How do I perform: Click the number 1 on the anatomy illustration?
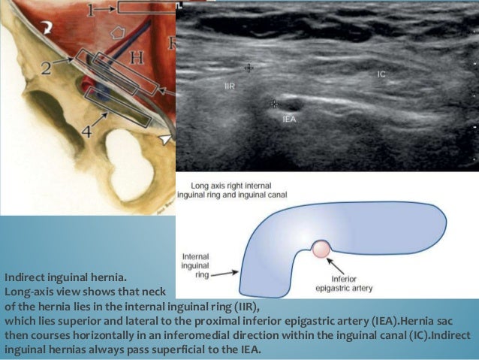pos(90,9)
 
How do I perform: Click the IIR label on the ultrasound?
pos(230,87)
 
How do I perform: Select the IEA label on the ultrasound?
pos(289,119)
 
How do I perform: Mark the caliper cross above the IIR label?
pos(249,68)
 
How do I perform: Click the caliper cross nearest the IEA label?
pos(275,104)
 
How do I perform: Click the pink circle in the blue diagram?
pos(322,247)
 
